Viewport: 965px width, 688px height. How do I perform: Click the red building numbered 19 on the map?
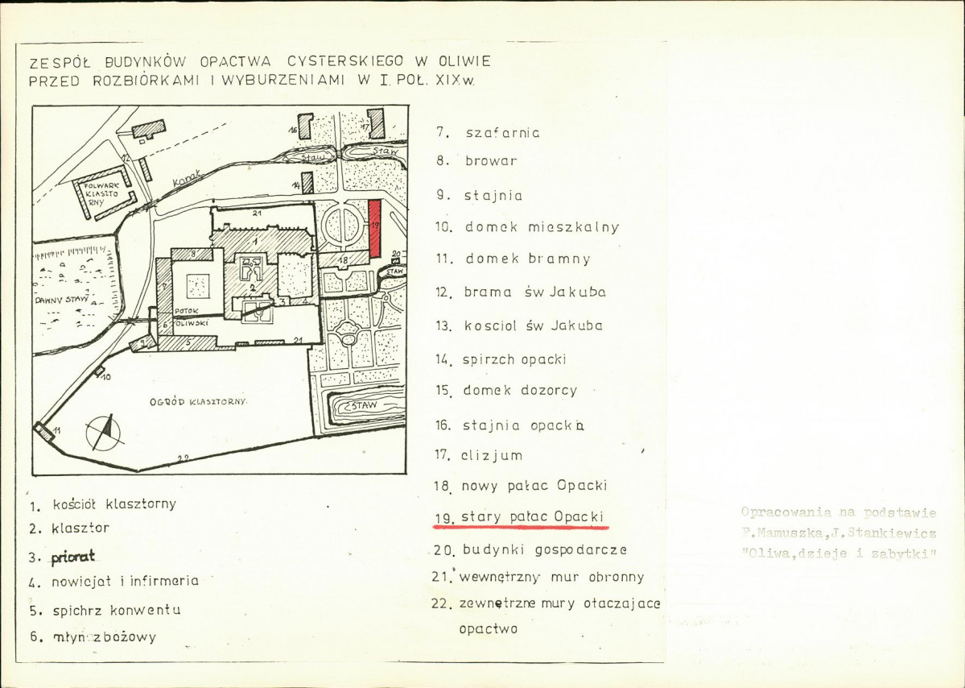(x=374, y=228)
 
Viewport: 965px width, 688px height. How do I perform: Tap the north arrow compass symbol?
(x=105, y=432)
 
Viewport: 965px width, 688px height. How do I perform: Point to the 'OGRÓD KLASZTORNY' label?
(x=199, y=401)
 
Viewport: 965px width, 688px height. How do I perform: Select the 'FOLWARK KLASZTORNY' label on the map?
(x=98, y=194)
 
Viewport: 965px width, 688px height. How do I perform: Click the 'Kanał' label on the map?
(x=191, y=179)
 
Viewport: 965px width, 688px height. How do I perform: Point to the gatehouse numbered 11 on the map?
(x=45, y=431)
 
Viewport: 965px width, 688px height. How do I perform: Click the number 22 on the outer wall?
(x=183, y=458)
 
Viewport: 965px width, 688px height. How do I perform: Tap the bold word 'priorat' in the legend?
(x=72, y=556)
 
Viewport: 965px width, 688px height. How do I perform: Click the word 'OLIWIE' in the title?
(x=464, y=61)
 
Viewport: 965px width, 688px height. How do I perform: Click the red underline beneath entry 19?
(x=521, y=528)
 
